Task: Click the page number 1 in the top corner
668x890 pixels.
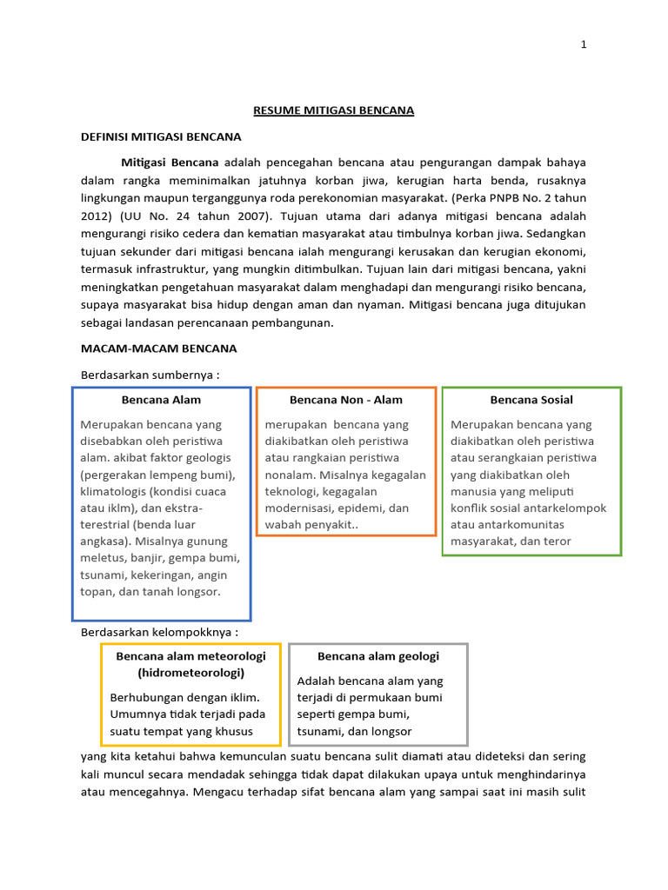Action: [584, 46]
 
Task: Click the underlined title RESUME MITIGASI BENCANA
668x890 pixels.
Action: [333, 110]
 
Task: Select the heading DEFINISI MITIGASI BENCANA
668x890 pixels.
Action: [161, 136]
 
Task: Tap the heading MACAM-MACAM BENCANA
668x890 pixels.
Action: [158, 349]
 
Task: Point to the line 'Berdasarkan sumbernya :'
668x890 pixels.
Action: [150, 374]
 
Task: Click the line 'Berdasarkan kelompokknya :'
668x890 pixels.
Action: [159, 631]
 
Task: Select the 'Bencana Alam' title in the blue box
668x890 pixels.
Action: [161, 400]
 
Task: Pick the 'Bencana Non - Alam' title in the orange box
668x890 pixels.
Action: [345, 400]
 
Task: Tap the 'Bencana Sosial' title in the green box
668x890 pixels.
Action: [531, 400]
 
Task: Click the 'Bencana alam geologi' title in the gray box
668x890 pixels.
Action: [378, 656]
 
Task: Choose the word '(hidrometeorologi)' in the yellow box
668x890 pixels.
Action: [190, 673]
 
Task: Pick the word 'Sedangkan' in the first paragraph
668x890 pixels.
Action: [557, 234]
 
